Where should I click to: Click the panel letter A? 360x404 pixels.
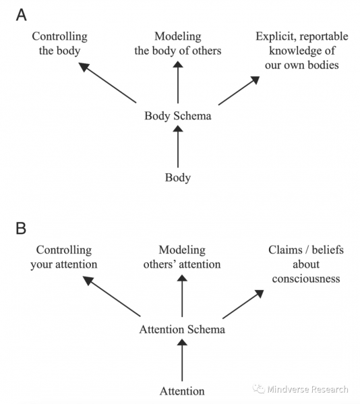click(22, 14)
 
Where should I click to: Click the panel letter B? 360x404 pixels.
click(22, 227)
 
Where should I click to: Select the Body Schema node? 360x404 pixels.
click(178, 116)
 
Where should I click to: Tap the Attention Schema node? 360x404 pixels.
click(182, 330)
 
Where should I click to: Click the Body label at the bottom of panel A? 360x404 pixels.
click(178, 178)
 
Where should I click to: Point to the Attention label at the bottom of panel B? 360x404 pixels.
click(182, 391)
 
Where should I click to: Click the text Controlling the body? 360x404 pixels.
click(59, 43)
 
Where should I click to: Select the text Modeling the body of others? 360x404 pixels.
click(178, 43)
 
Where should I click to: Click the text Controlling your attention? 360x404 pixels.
click(63, 257)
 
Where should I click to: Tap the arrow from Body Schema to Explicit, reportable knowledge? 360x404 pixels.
click(239, 90)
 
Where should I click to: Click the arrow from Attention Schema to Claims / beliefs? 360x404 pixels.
click(244, 304)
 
